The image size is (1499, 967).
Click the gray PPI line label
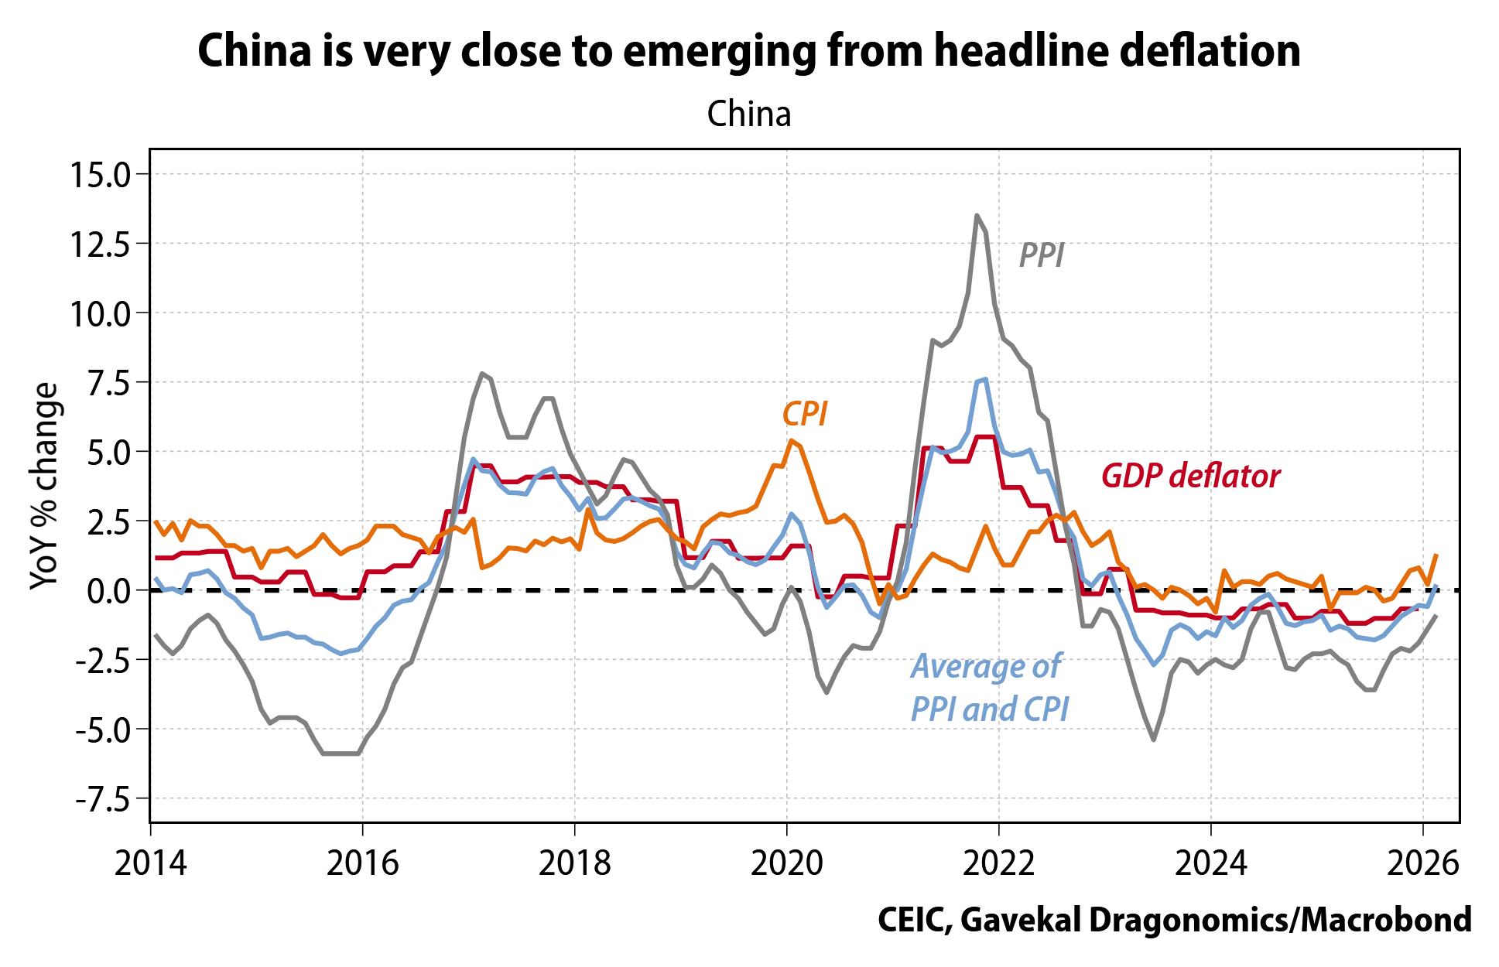tap(1042, 256)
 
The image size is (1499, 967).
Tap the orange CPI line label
tap(805, 415)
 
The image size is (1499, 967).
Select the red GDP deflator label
tap(1190, 477)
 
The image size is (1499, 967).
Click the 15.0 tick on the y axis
tap(101, 174)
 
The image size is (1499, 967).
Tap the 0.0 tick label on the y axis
tap(107, 591)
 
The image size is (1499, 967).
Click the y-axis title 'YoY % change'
tap(44, 486)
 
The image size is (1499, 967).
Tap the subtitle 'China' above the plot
tap(749, 114)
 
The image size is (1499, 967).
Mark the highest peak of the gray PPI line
tap(977, 215)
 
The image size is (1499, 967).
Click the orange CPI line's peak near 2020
tap(790, 440)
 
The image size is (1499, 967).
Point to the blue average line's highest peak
tap(985, 379)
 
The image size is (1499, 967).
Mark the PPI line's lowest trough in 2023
tap(1154, 740)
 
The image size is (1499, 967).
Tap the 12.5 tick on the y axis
tap(101, 244)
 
